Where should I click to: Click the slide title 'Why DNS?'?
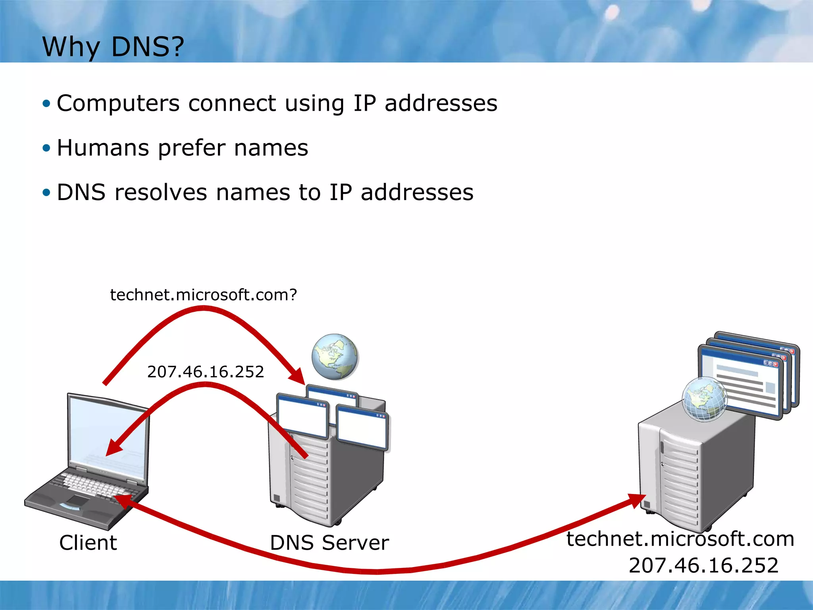[113, 47]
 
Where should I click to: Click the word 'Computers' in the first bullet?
[118, 104]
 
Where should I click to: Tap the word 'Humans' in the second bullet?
[103, 148]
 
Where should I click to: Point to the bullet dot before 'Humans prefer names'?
[47, 148]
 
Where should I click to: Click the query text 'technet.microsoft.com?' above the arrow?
[203, 295]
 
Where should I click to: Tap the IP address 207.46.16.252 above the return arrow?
[205, 372]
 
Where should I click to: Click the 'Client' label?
[88, 543]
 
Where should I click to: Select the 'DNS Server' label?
[329, 543]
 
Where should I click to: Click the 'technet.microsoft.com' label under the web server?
[680, 539]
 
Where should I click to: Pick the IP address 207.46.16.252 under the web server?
[703, 566]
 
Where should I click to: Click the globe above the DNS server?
[335, 357]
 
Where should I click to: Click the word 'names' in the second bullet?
[271, 148]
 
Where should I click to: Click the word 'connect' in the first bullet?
[232, 104]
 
